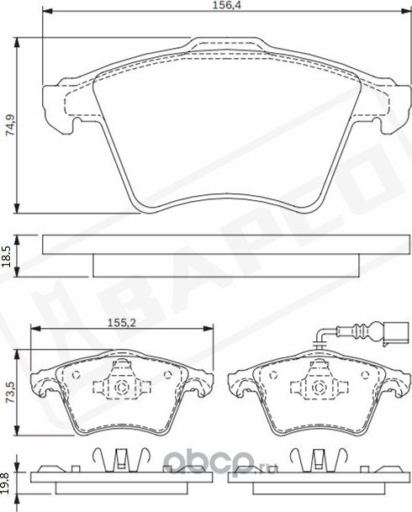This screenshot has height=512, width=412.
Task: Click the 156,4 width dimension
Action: pyautogui.click(x=223, y=7)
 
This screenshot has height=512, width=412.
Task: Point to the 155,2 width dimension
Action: pyautogui.click(x=118, y=321)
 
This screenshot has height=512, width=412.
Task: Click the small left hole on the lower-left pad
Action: pyautogui.click(x=75, y=375)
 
